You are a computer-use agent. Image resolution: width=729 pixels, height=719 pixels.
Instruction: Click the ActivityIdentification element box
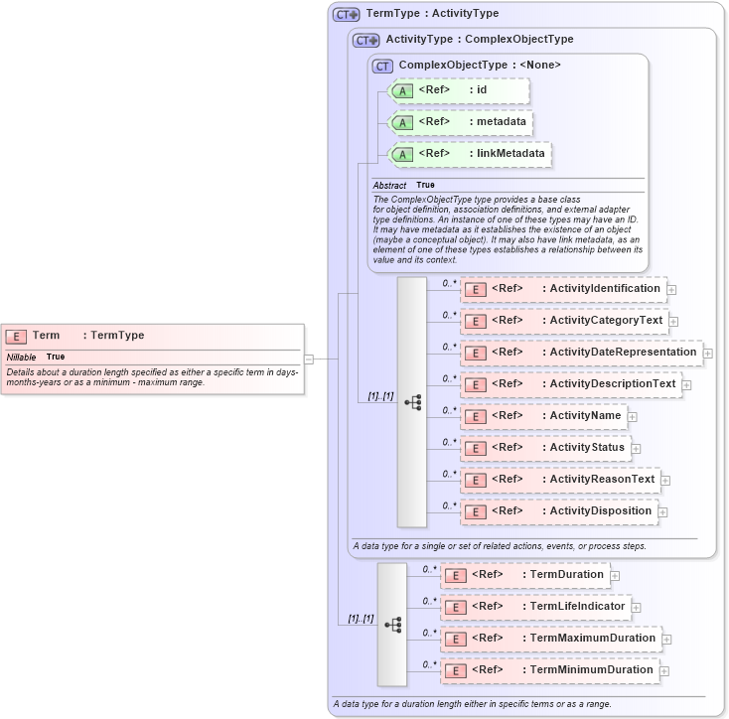pyautogui.click(x=563, y=289)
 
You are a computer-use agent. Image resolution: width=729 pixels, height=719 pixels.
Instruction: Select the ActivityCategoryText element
pyautogui.click(x=563, y=321)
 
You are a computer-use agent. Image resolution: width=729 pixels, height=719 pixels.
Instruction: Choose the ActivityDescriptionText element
pyautogui.click(x=570, y=384)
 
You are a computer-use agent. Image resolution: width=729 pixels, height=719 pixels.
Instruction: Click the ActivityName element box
pyautogui.click(x=542, y=416)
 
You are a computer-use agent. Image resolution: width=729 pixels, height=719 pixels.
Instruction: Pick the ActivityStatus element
pyautogui.click(x=544, y=448)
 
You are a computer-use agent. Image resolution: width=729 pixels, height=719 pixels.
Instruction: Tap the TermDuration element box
pyautogui.click(x=524, y=575)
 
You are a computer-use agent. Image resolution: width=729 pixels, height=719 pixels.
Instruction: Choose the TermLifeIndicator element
pyautogui.click(x=535, y=607)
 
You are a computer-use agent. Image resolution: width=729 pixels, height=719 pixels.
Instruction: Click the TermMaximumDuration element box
pyautogui.click(x=550, y=639)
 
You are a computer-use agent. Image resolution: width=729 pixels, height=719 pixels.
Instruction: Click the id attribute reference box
pyautogui.click(x=459, y=90)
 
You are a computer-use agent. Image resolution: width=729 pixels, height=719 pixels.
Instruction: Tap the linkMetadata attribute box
pyautogui.click(x=471, y=154)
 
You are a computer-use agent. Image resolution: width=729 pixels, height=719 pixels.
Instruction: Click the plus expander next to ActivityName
pyautogui.click(x=632, y=417)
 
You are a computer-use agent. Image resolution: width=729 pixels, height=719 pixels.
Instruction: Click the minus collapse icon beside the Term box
pyautogui.click(x=309, y=359)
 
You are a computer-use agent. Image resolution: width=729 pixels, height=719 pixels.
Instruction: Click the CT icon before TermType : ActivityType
pyautogui.click(x=346, y=15)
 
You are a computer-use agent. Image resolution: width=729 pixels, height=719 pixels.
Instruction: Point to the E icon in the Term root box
pyautogui.click(x=16, y=337)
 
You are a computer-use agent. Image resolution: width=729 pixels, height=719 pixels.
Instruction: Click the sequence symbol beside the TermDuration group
pyautogui.click(x=392, y=624)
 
